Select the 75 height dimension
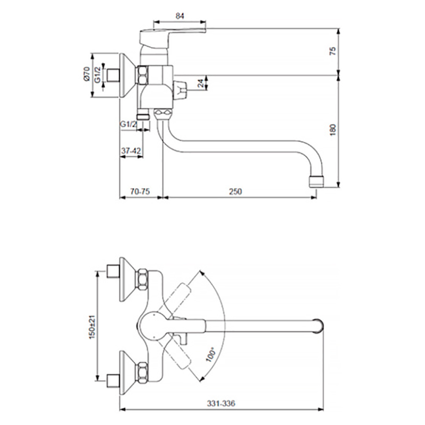[333, 52]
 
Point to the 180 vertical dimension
[333, 129]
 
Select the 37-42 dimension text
[131, 151]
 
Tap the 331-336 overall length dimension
[220, 404]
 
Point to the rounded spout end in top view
[319, 325]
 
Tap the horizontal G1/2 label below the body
[129, 124]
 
